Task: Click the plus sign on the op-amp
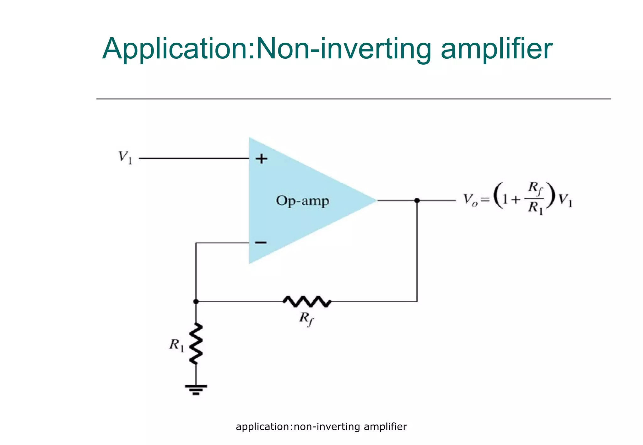261,159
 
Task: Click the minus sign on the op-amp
261,243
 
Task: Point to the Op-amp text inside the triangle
302,201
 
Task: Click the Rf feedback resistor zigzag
307,302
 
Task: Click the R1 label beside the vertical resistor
176,345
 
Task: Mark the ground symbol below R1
196,389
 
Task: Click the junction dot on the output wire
417,201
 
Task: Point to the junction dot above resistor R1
196,302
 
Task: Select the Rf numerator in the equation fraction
535,188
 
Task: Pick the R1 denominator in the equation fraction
535,208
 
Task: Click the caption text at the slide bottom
321,427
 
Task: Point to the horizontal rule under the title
353,99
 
